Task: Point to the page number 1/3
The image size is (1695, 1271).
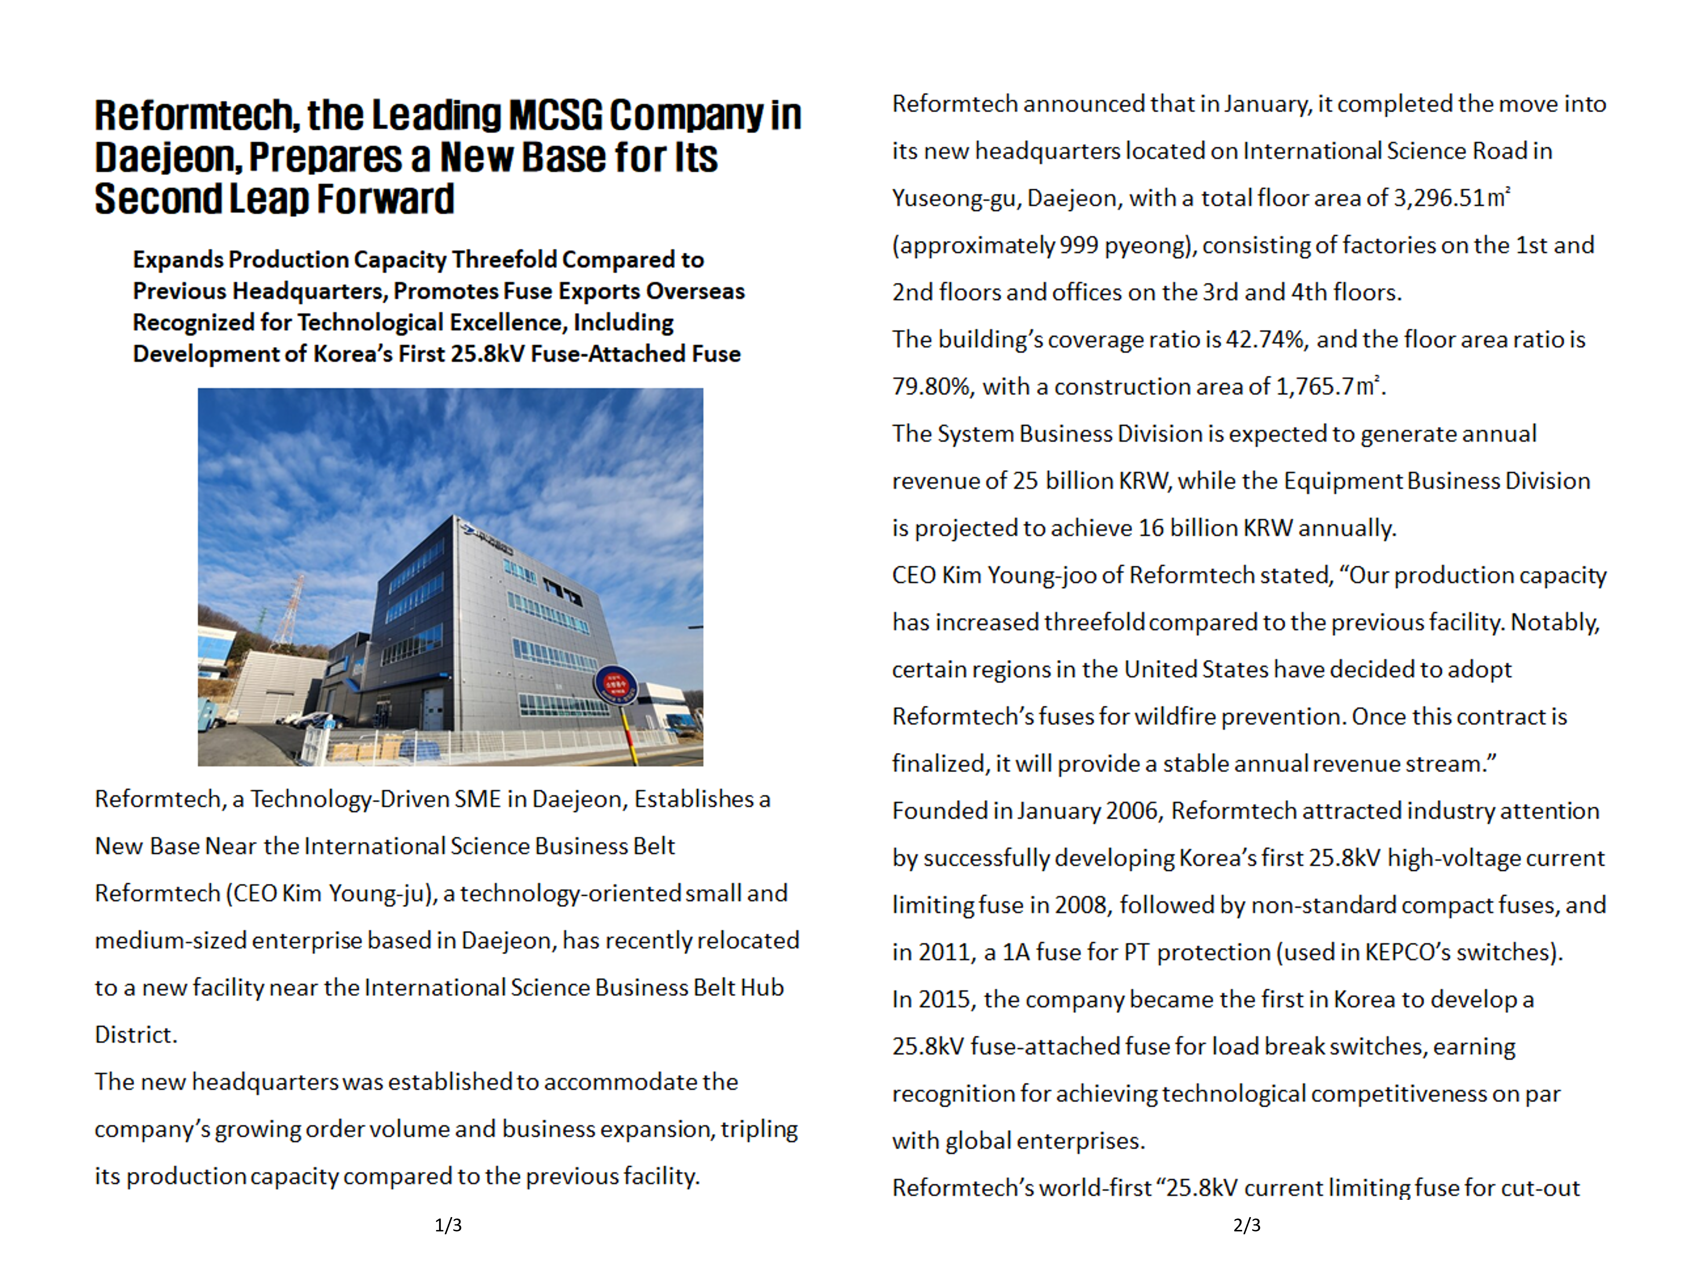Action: [448, 1225]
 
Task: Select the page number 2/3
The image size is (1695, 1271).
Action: [1247, 1225]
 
